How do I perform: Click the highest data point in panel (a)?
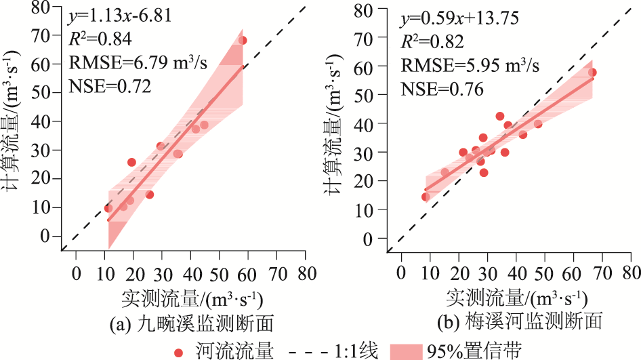[243, 41]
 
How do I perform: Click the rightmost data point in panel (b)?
[592, 73]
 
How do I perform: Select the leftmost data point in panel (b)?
[426, 197]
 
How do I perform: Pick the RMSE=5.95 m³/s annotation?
[470, 65]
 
